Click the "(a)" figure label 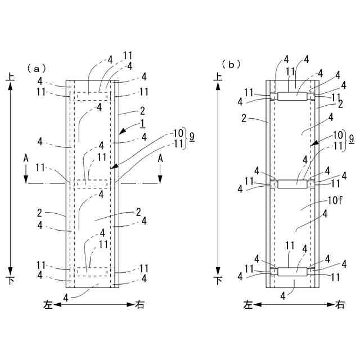(35, 68)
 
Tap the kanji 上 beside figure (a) (10, 80)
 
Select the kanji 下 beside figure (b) (218, 280)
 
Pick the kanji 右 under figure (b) (340, 305)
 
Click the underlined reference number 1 (143, 123)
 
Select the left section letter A (26, 159)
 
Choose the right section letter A (160, 159)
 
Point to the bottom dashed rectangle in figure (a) (92, 271)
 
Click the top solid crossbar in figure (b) (294, 97)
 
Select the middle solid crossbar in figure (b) (294, 184)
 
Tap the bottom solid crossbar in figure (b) (294, 271)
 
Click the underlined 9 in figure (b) (352, 138)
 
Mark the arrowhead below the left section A (26, 179)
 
